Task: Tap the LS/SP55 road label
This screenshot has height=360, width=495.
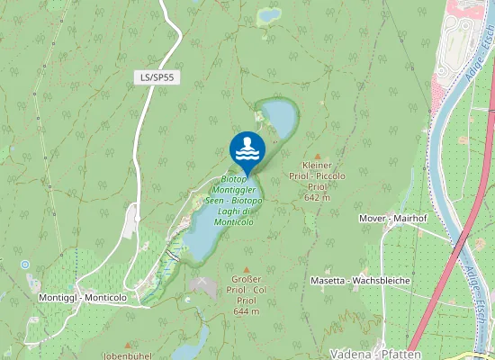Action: [157, 78]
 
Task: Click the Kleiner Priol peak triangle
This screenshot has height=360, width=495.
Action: [318, 155]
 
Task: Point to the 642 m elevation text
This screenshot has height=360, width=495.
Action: [318, 197]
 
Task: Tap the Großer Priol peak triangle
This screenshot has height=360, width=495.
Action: [246, 269]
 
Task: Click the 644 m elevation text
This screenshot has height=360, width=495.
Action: [246, 311]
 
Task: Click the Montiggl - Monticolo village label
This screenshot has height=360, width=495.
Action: [84, 297]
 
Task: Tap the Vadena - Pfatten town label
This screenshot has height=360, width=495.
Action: [371, 353]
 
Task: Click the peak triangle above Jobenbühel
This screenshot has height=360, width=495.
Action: [128, 345]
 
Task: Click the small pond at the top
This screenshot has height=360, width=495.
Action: [269, 15]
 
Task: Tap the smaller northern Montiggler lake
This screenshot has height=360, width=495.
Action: [278, 116]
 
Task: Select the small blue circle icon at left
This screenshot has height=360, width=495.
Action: [25, 265]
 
